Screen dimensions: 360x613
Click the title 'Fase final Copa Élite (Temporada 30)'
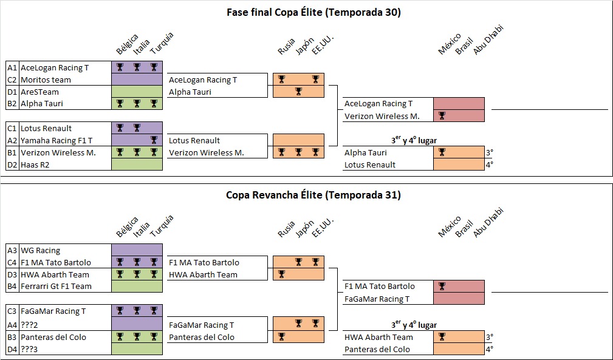pos(313,12)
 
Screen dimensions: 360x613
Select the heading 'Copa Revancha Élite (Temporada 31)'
pos(313,195)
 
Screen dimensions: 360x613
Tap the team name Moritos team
pos(46,80)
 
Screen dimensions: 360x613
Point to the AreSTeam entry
pos(39,92)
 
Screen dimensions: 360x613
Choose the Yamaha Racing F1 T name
pos(57,140)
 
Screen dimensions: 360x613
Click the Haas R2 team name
pos(36,165)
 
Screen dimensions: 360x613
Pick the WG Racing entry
pos(40,250)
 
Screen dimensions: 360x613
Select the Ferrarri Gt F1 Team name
pos(56,287)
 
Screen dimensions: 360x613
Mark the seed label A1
pos(12,67)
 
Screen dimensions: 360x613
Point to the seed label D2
pos(12,165)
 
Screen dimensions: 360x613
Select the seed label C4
pos(12,262)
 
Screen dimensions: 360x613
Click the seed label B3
pos(12,337)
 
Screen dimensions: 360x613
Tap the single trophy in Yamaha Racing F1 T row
pos(154,140)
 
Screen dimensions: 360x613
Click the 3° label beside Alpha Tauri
pos(489,152)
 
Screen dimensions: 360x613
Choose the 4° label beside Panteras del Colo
pos(489,349)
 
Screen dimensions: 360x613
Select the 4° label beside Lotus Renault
pos(489,165)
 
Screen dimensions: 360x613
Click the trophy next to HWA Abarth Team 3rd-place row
pos(442,337)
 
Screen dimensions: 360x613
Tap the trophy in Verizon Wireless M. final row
pos(442,116)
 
